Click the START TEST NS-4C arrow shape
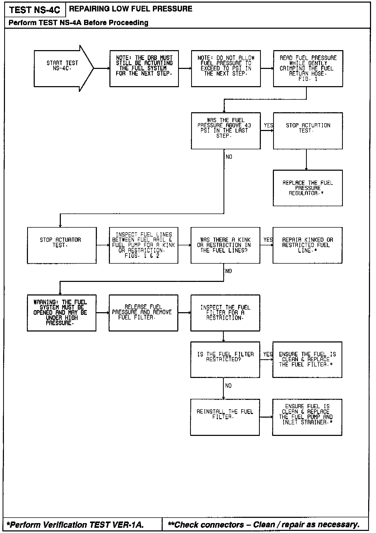(x=63, y=68)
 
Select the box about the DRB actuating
(x=144, y=68)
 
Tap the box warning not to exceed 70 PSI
(x=226, y=68)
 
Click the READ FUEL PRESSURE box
(x=308, y=68)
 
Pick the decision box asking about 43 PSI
(x=226, y=131)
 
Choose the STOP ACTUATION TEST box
(x=308, y=131)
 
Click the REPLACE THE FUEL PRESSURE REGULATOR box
(x=308, y=188)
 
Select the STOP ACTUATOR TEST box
(x=62, y=245)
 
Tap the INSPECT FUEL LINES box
(x=144, y=245)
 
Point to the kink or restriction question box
(x=225, y=245)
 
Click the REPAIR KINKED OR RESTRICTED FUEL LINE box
(x=307, y=245)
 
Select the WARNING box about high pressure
(x=62, y=313)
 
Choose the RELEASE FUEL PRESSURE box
(x=143, y=313)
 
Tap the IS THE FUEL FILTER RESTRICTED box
(x=225, y=359)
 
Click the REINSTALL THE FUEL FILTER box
(x=225, y=417)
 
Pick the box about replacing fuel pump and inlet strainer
(x=307, y=417)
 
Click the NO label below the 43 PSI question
(x=229, y=157)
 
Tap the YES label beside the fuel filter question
(x=268, y=354)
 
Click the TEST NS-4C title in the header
(x=34, y=10)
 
